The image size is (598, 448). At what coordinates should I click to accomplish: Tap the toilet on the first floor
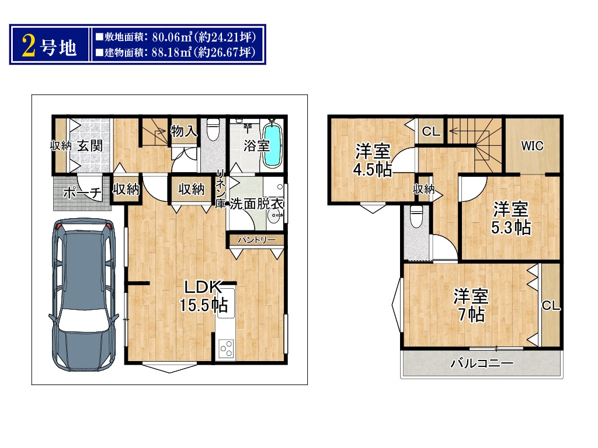(213, 129)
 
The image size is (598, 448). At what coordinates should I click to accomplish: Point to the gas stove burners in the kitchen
(227, 348)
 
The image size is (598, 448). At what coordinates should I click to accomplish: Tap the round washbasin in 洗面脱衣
(274, 217)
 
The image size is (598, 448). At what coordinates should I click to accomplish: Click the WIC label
(532, 145)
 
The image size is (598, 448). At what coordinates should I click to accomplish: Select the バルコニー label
(482, 363)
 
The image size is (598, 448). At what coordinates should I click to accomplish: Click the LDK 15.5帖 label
(204, 296)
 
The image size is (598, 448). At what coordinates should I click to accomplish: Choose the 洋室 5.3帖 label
(510, 218)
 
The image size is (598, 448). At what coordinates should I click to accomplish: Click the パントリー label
(257, 240)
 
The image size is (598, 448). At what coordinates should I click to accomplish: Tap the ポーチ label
(82, 192)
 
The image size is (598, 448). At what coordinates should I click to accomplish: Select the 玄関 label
(90, 145)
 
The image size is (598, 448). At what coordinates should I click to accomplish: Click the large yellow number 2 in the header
(29, 45)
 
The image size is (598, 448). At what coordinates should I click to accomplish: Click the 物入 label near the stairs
(184, 131)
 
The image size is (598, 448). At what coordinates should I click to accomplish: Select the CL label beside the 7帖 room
(551, 306)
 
